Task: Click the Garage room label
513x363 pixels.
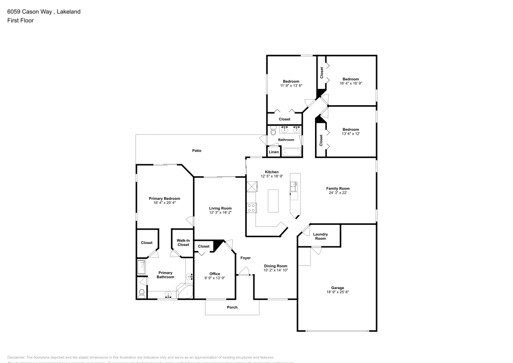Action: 337,288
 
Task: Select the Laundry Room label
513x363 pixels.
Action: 320,236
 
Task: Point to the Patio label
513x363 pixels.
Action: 196,151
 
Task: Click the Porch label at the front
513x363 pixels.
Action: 232,307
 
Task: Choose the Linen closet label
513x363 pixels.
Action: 274,152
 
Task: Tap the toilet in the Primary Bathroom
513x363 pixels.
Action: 142,293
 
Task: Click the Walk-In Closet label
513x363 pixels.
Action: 183,242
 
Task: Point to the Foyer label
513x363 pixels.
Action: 246,258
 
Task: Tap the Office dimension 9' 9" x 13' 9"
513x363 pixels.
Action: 214,278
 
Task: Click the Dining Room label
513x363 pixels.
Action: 275,265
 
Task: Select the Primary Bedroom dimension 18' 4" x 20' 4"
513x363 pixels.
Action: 164,203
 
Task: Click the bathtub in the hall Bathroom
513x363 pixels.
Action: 291,152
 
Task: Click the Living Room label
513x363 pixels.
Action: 220,208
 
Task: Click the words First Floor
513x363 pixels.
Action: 21,21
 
